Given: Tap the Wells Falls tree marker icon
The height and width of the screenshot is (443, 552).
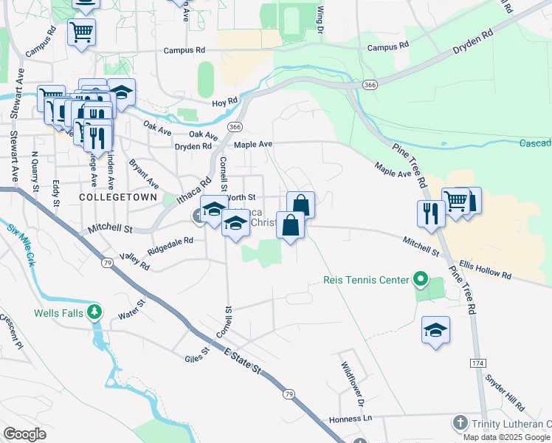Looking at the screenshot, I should click(94, 312).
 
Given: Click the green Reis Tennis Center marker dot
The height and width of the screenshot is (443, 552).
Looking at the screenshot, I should click(421, 280).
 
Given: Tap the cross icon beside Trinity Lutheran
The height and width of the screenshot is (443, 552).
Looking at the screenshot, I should click(460, 423).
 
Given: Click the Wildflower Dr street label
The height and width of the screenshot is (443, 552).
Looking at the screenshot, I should click(352, 384).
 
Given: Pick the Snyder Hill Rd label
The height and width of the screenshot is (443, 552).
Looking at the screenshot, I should click(505, 392).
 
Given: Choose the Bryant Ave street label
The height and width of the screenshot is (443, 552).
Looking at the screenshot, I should click(144, 173).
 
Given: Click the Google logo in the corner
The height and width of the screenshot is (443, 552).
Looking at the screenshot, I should click(24, 434).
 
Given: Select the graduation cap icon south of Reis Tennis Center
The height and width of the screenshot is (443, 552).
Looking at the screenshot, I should click(436, 330).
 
